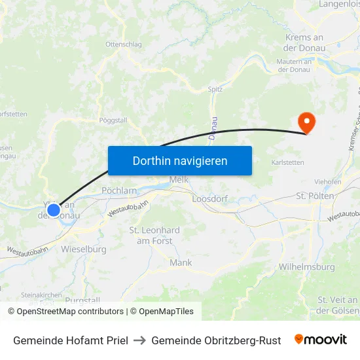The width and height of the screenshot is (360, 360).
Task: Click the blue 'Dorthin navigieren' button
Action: (x=179, y=160)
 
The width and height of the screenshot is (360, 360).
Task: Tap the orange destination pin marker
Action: (x=306, y=122)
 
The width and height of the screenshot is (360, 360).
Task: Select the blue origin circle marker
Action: (x=54, y=210)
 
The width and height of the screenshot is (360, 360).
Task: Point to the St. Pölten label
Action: (x=315, y=196)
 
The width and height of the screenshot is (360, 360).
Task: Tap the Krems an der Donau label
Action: (x=304, y=43)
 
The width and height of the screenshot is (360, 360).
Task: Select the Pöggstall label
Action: (x=113, y=120)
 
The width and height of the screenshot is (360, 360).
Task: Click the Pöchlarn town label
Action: (x=118, y=190)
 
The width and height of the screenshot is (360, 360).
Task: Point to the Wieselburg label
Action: (x=84, y=249)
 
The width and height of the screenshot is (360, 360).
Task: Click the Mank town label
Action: (x=181, y=262)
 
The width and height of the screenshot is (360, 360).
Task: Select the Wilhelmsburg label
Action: (x=307, y=267)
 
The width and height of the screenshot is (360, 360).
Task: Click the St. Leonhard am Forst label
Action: (x=154, y=236)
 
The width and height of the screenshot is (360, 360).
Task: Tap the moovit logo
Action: (x=321, y=340)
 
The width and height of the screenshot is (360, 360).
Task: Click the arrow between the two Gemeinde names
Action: (x=139, y=340)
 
